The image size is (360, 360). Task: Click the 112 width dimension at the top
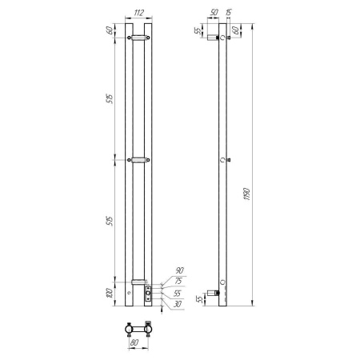tap(138, 14)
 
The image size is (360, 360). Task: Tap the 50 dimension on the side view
tap(214, 14)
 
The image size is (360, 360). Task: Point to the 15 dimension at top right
tap(230, 12)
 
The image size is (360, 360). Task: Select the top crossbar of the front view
tap(138, 37)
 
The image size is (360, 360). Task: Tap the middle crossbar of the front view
tap(138, 160)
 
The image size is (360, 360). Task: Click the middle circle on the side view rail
tap(223, 160)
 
